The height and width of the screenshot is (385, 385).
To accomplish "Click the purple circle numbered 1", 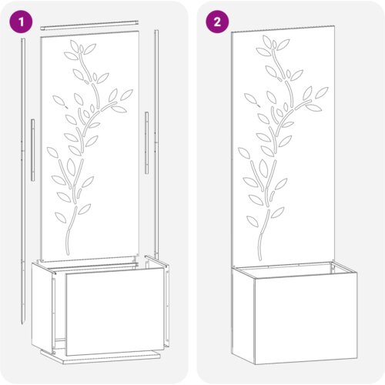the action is [22, 22].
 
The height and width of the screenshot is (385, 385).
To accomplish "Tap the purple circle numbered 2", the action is [217, 22].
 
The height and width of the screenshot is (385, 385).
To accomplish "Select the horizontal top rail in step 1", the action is [89, 25].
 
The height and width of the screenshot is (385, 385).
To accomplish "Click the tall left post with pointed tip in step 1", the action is [23, 179].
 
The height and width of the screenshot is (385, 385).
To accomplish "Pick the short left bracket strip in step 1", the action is [33, 149].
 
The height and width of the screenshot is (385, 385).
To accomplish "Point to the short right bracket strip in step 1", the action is [146, 142].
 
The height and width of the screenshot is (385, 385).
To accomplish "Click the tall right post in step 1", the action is [156, 144].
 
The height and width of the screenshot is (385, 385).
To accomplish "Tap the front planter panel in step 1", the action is [115, 312].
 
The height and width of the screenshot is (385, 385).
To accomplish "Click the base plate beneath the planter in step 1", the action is [100, 357].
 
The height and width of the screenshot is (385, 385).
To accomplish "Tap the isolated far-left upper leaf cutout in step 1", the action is [59, 100].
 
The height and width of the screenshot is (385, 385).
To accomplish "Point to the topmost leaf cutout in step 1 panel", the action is [75, 46].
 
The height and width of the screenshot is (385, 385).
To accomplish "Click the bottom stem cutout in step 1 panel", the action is [71, 230].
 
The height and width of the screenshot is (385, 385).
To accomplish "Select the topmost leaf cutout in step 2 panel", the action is [267, 42].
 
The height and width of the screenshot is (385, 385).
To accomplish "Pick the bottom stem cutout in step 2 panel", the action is [263, 234].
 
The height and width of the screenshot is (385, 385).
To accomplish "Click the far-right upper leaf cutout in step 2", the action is [322, 92].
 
